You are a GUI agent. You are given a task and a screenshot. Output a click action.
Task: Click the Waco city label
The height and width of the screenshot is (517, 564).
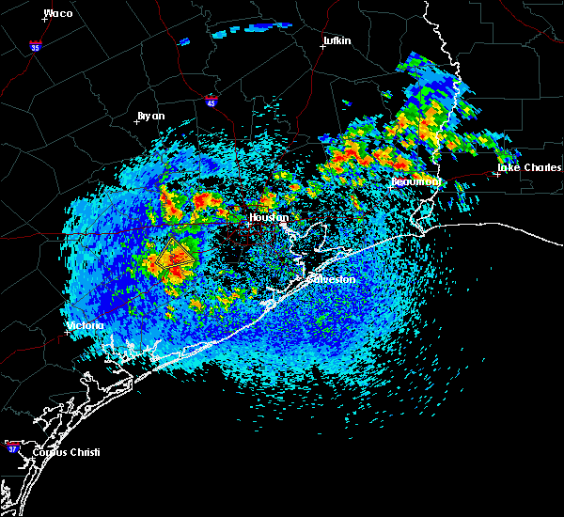pos(58,13)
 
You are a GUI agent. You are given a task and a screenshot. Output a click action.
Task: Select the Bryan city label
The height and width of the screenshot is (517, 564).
pos(151,116)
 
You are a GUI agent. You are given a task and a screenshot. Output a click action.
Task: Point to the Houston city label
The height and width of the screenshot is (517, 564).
pos(267,218)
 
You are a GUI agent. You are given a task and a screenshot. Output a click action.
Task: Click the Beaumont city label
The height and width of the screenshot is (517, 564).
pos(415,180)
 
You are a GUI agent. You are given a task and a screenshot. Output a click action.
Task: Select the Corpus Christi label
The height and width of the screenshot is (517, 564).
pos(65,452)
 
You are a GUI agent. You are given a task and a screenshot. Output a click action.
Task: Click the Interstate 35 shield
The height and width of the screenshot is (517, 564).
pos(35,45)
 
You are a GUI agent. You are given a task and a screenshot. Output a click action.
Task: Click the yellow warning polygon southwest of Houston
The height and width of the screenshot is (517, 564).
pos(176,255)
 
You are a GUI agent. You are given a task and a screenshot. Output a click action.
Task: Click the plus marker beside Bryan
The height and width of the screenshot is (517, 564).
pos(136,121)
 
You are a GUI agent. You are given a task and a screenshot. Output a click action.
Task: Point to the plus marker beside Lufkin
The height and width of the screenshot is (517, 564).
pos(322,46)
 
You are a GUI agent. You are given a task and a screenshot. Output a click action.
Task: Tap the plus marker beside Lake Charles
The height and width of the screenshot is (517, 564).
pos(496,174)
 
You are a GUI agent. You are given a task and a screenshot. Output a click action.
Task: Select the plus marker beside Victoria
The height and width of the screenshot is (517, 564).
pos(67,332)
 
